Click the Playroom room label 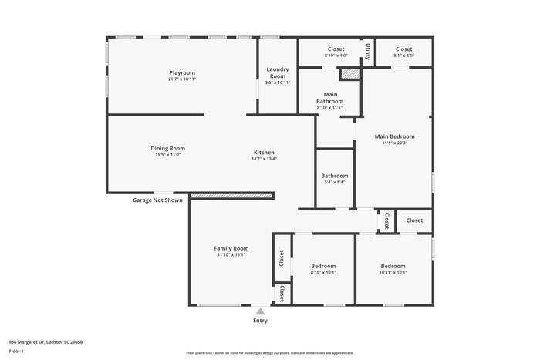pyautogui.click(x=182, y=72)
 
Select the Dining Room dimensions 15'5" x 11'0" pyautogui.click(x=167, y=155)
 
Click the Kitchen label pyautogui.click(x=264, y=152)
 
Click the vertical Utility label pyautogui.click(x=368, y=52)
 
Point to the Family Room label pyautogui.click(x=231, y=248)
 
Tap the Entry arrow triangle pyautogui.click(x=261, y=311)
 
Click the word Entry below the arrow pyautogui.click(x=261, y=321)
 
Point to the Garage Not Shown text pyautogui.click(x=157, y=200)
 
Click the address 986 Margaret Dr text pyautogui.click(x=46, y=341)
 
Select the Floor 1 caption pyautogui.click(x=16, y=351)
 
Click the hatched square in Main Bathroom pyautogui.click(x=350, y=74)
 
